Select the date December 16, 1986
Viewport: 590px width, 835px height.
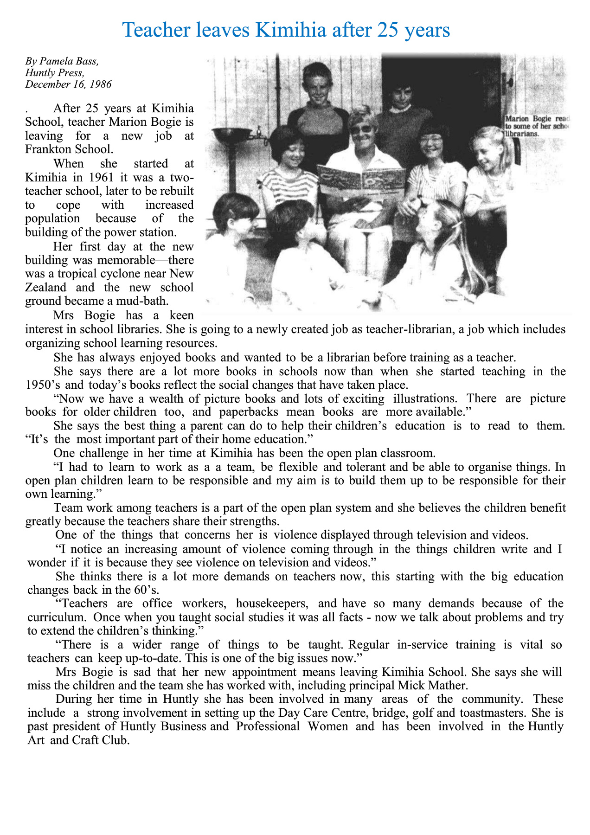pos(69,84)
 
